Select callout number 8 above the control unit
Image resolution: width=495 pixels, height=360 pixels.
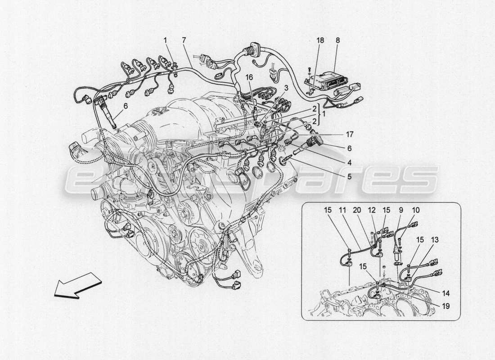tap(337, 40)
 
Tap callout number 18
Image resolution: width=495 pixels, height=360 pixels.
tap(320, 40)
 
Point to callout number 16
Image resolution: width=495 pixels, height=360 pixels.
tap(249, 77)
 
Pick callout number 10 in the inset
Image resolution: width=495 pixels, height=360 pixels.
tap(415, 210)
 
